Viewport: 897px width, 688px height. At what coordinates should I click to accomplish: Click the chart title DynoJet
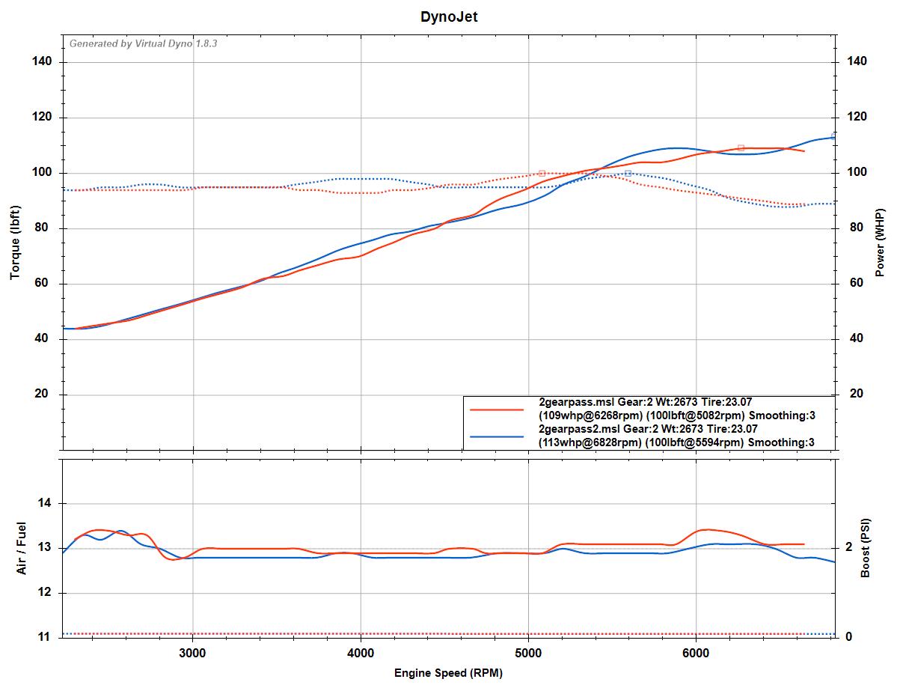tap(448, 16)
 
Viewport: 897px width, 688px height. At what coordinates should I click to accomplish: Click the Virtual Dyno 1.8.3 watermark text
tap(143, 43)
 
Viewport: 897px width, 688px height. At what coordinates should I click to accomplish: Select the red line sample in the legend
tap(496, 410)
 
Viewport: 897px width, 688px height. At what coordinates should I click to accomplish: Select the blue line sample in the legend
tap(496, 436)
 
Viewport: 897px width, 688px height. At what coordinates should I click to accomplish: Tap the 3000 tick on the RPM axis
tap(193, 651)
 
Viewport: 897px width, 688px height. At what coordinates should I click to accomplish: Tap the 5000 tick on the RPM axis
tap(528, 651)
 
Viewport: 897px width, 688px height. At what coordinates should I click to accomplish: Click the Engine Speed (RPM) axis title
tap(448, 673)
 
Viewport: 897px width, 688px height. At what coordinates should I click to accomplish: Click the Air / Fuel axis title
tap(21, 548)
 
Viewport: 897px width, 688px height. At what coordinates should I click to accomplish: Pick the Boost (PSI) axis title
tap(866, 549)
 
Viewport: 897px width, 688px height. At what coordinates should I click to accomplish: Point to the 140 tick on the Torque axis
tap(42, 61)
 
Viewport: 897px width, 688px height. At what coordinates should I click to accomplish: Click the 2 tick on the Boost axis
tap(848, 548)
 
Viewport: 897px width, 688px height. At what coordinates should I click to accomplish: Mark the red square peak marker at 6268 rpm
tap(741, 148)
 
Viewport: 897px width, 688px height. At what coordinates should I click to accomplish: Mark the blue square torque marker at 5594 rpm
tap(628, 173)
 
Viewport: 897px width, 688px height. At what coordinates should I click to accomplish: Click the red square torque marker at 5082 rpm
tap(542, 173)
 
